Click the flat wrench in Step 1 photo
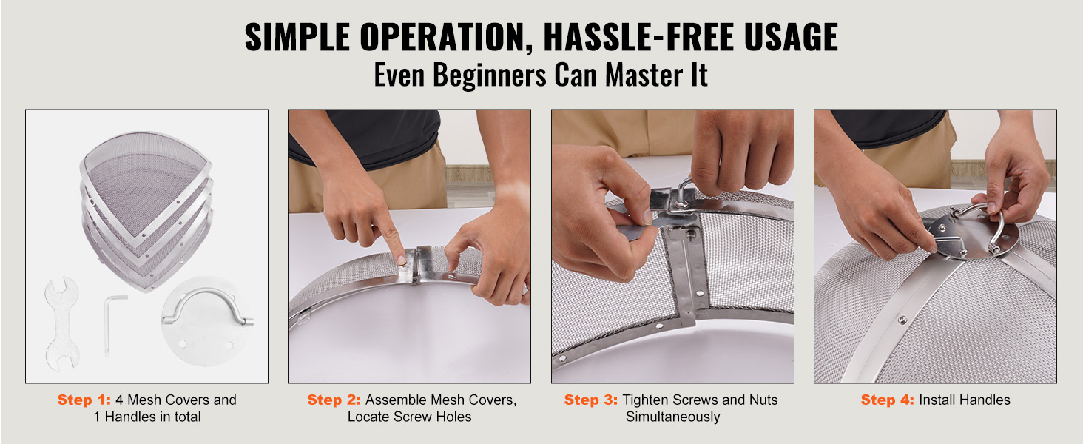62,324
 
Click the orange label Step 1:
84,400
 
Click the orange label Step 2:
334,400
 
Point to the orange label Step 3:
591,400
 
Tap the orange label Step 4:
887,400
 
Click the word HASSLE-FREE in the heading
638,37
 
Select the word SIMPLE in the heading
297,37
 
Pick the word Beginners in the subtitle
489,75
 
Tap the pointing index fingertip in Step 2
400,259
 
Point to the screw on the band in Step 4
902,320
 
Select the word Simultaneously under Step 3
672,417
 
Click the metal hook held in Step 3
683,193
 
